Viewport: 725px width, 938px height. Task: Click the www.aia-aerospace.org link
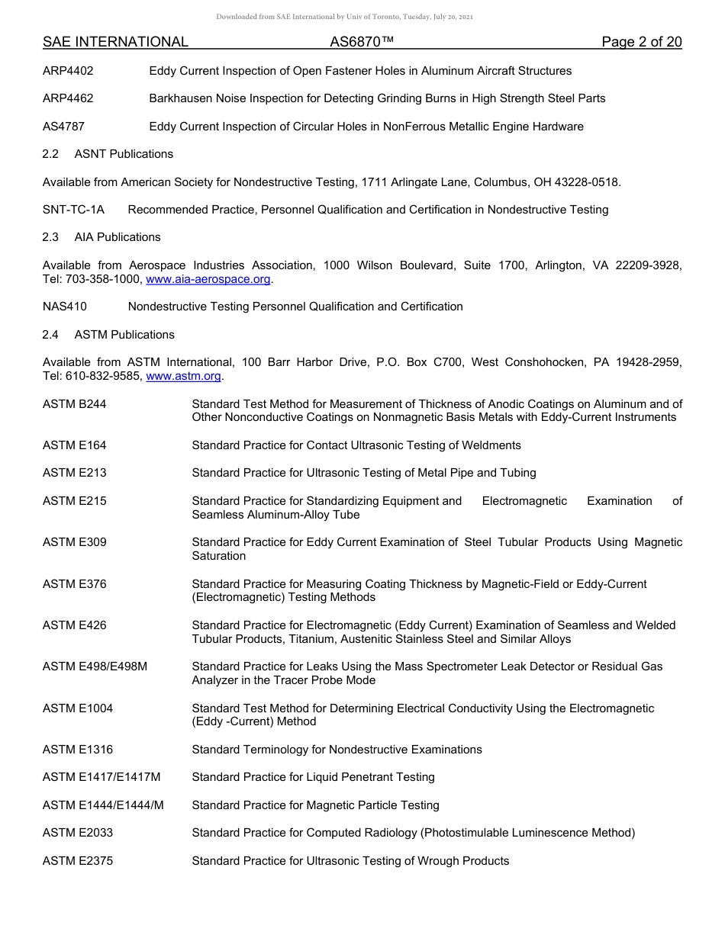pos(208,279)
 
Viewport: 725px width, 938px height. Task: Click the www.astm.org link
pos(183,376)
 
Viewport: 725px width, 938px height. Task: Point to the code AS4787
pos(63,127)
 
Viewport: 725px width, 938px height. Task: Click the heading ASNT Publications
pos(124,154)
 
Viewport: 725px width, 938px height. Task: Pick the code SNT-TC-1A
pos(73,210)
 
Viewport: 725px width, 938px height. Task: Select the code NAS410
pos(65,307)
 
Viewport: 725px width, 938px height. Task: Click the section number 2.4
pos(50,335)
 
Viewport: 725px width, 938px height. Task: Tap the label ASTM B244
pos(75,404)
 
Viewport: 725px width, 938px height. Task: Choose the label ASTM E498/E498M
pos(95,667)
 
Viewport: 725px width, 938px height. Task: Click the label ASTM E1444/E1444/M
pos(103,805)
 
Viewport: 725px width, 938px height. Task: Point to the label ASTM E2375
pos(78,861)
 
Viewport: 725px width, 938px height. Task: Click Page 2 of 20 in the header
pos(641,42)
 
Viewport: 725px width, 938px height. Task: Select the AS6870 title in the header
pos(362,42)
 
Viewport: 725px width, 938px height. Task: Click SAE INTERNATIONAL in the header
pos(115,42)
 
